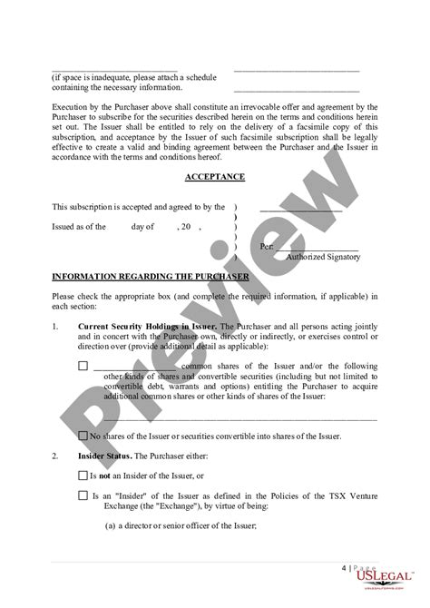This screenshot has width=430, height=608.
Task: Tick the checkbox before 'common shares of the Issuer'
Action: tap(83, 366)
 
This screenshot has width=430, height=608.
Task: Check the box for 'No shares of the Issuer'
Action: tap(83, 436)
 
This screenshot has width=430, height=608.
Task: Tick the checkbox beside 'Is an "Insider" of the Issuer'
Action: tap(83, 495)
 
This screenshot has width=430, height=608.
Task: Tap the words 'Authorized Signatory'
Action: tap(323, 257)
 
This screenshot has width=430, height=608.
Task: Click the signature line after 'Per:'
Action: tap(318, 245)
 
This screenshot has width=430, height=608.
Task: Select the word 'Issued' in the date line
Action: tap(67, 227)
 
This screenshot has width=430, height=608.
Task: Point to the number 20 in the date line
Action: tap(184, 227)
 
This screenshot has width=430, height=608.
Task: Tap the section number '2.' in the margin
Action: tap(56, 456)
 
